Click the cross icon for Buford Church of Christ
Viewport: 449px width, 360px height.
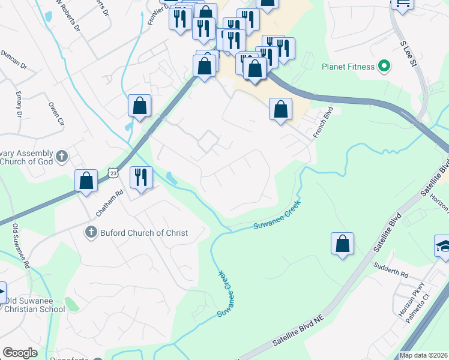(91, 233)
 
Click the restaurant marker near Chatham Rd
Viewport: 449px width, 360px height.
(142, 177)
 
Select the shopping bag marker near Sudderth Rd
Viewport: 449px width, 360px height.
(342, 244)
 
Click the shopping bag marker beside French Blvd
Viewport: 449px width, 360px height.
(280, 109)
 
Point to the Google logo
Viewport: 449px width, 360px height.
(20, 353)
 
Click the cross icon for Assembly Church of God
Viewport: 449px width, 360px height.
(61, 158)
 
